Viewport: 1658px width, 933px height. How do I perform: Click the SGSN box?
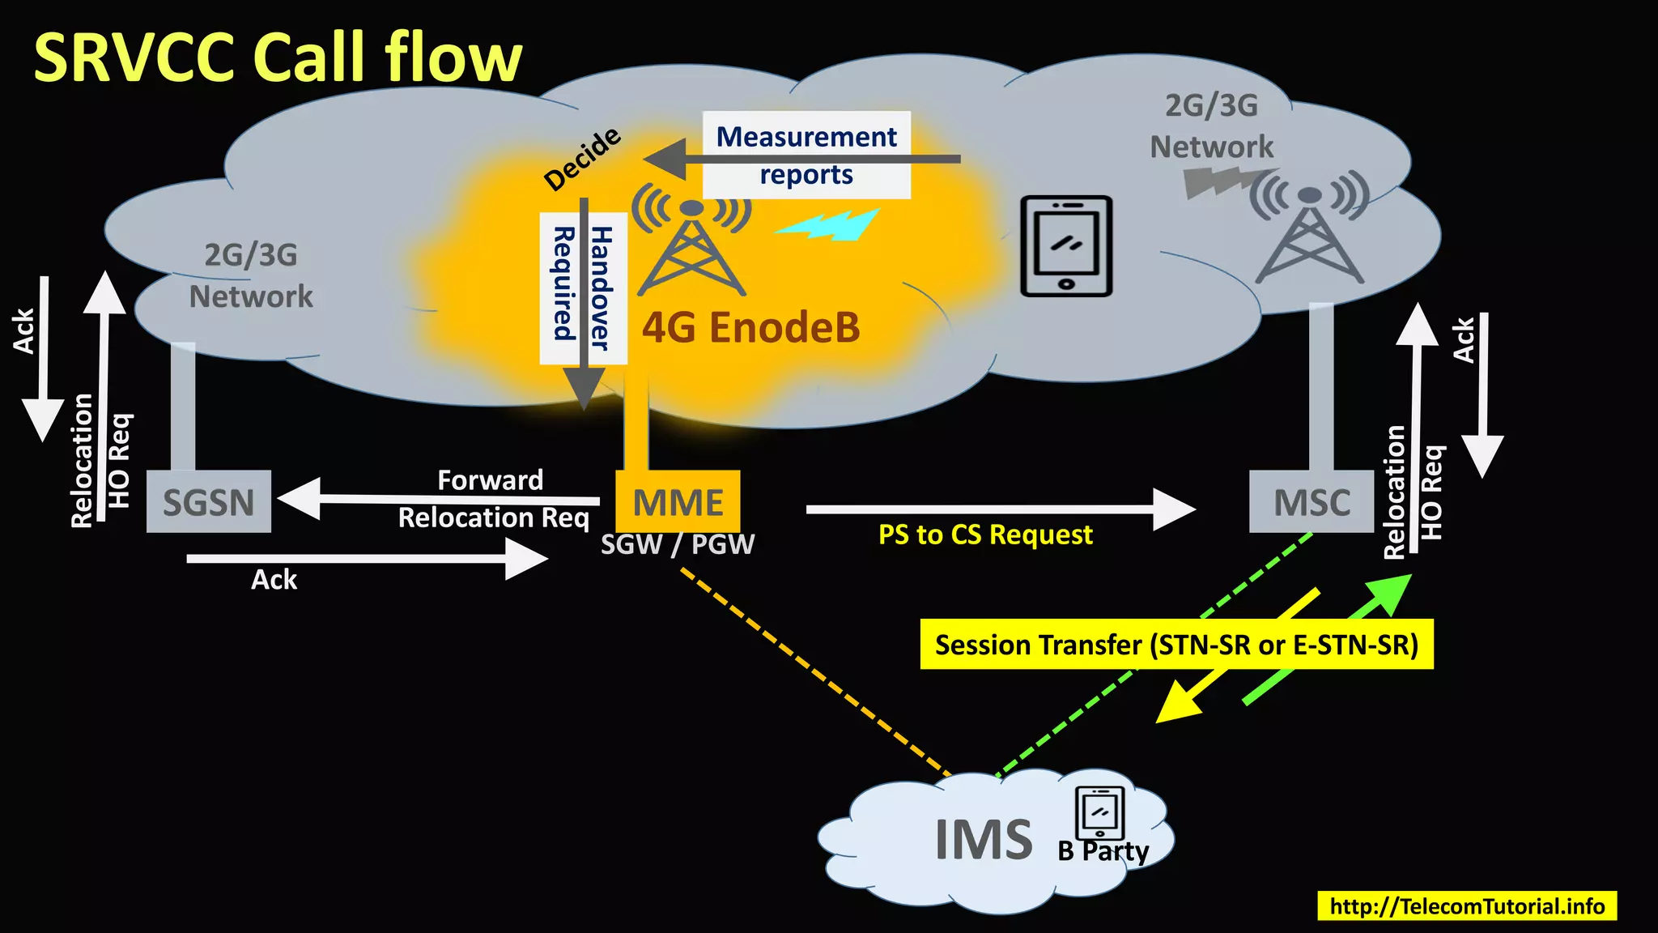pyautogui.click(x=209, y=501)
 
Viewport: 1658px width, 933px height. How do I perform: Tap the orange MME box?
pyautogui.click(x=678, y=501)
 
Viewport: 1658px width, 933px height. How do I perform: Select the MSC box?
pyautogui.click(x=1312, y=501)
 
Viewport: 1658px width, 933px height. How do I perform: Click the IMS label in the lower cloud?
pyautogui.click(x=983, y=840)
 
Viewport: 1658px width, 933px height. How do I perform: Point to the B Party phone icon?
pyautogui.click(x=1099, y=813)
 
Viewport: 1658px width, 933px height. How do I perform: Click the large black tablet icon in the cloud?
pyautogui.click(x=1066, y=246)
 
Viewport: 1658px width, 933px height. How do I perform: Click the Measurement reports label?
pyautogui.click(x=806, y=155)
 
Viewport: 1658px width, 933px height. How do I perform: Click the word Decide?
pyautogui.click(x=582, y=159)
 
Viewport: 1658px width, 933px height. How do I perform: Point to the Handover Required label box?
pyautogui.click(x=583, y=288)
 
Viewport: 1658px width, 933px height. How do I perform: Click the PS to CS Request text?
pyautogui.click(x=985, y=535)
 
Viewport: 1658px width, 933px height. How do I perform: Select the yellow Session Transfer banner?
pyautogui.click(x=1176, y=645)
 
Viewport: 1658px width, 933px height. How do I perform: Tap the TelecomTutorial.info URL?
pyautogui.click(x=1467, y=905)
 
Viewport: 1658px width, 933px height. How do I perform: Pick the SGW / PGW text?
pyautogui.click(x=677, y=544)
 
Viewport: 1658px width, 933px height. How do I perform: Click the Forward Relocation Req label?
pyautogui.click(x=492, y=499)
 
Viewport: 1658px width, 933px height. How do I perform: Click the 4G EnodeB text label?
pyautogui.click(x=750, y=328)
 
